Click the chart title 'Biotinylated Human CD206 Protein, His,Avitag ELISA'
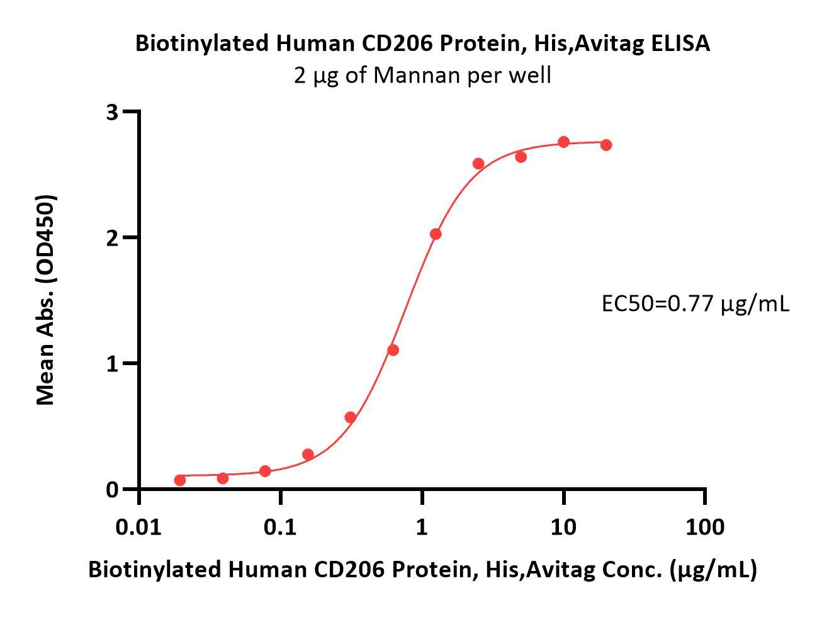click(422, 43)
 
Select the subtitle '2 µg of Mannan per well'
click(422, 75)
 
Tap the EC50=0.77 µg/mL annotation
click(695, 304)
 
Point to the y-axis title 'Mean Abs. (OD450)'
click(46, 300)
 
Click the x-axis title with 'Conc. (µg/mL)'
click(422, 569)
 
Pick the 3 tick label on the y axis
click(113, 112)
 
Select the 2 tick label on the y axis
click(113, 238)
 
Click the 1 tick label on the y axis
click(113, 364)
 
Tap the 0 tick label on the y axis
click(113, 490)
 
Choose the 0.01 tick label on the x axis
click(139, 526)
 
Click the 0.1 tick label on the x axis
click(281, 526)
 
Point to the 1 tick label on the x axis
click(422, 526)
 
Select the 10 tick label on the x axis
click(563, 526)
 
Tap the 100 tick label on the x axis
click(704, 526)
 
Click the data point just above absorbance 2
click(436, 234)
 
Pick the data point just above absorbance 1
click(393, 350)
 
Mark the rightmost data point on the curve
click(606, 145)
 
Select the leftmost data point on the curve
click(180, 480)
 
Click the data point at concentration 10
click(564, 142)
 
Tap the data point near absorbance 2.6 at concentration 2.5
click(478, 164)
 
